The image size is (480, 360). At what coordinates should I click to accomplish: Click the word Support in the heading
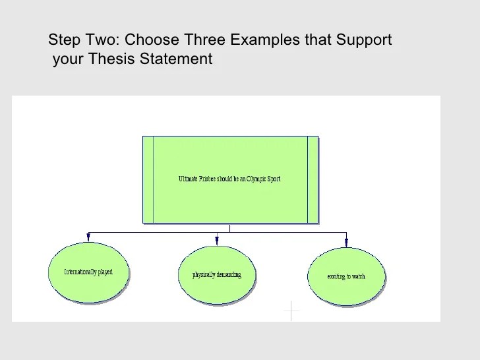pos(364,41)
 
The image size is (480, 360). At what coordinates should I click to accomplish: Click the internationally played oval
pos(88,273)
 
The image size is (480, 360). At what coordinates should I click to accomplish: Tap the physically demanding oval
pos(217,275)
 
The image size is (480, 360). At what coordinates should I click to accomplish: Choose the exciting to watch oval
pos(346,276)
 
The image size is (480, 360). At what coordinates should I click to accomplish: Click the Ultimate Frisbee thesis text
pos(229,179)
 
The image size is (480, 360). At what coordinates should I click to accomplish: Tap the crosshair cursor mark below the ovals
pos(291,310)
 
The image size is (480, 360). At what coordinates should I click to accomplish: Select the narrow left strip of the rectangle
pos(148,179)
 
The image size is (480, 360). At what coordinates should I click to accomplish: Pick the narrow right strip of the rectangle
pos(312,179)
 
